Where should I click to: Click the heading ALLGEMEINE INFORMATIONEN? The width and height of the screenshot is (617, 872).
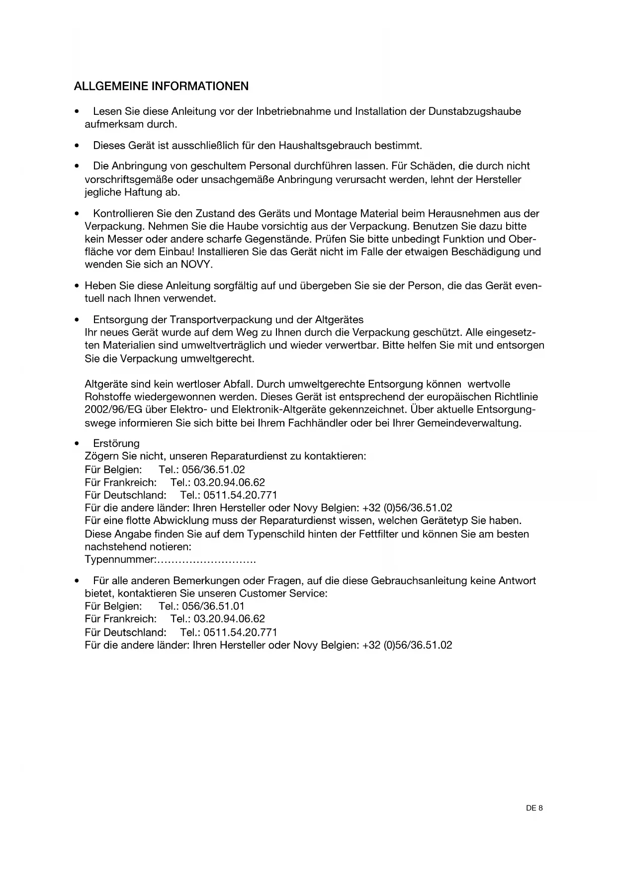pyautogui.click(x=161, y=86)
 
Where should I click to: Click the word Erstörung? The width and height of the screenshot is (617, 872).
pyautogui.click(x=116, y=443)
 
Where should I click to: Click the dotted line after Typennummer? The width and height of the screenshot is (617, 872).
pyautogui.click(x=206, y=560)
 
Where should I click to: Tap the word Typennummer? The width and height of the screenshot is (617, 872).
pyautogui.click(x=120, y=560)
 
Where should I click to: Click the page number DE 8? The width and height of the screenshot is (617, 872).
pyautogui.click(x=534, y=808)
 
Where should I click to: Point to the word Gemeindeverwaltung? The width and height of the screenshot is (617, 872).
pyautogui.click(x=471, y=424)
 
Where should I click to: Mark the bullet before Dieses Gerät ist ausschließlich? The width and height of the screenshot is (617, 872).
pyautogui.click(x=77, y=146)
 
